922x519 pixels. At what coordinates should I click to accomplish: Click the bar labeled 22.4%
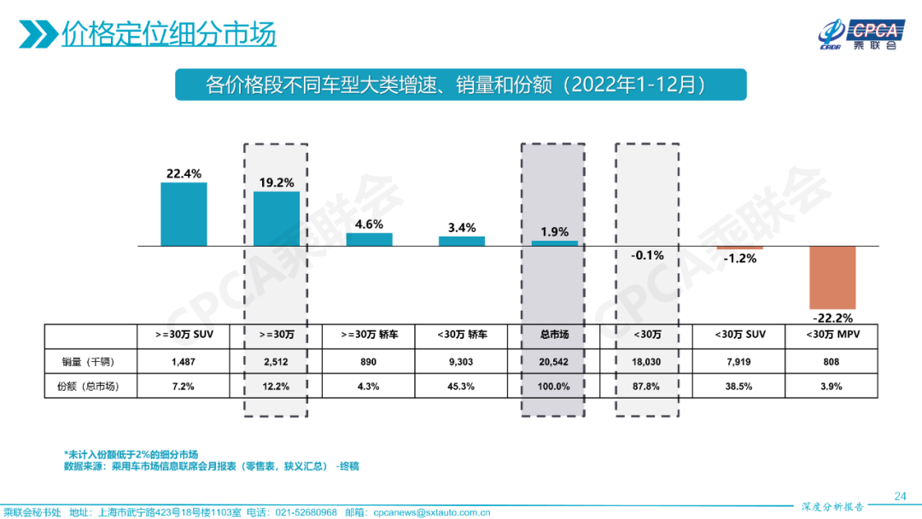click(184, 214)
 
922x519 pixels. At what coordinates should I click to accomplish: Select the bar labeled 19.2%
click(277, 219)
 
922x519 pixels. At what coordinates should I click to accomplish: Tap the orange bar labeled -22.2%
click(832, 277)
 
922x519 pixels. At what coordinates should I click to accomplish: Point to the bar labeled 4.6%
click(369, 239)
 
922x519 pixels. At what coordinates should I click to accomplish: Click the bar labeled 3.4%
click(462, 241)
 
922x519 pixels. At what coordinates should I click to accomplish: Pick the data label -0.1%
click(647, 254)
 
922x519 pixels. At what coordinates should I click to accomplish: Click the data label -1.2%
click(739, 258)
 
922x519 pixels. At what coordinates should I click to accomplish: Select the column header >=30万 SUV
click(184, 335)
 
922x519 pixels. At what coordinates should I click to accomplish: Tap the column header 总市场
click(554, 335)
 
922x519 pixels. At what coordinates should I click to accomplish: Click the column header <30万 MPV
click(832, 335)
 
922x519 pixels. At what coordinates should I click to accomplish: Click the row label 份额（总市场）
click(88, 386)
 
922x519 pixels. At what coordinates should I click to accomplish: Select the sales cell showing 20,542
click(554, 361)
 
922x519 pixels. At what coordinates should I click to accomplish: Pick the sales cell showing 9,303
click(462, 361)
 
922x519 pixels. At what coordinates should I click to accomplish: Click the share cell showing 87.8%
click(647, 386)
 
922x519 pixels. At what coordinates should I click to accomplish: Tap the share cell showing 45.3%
click(462, 386)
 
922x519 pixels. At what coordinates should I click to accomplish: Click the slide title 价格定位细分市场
click(169, 36)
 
